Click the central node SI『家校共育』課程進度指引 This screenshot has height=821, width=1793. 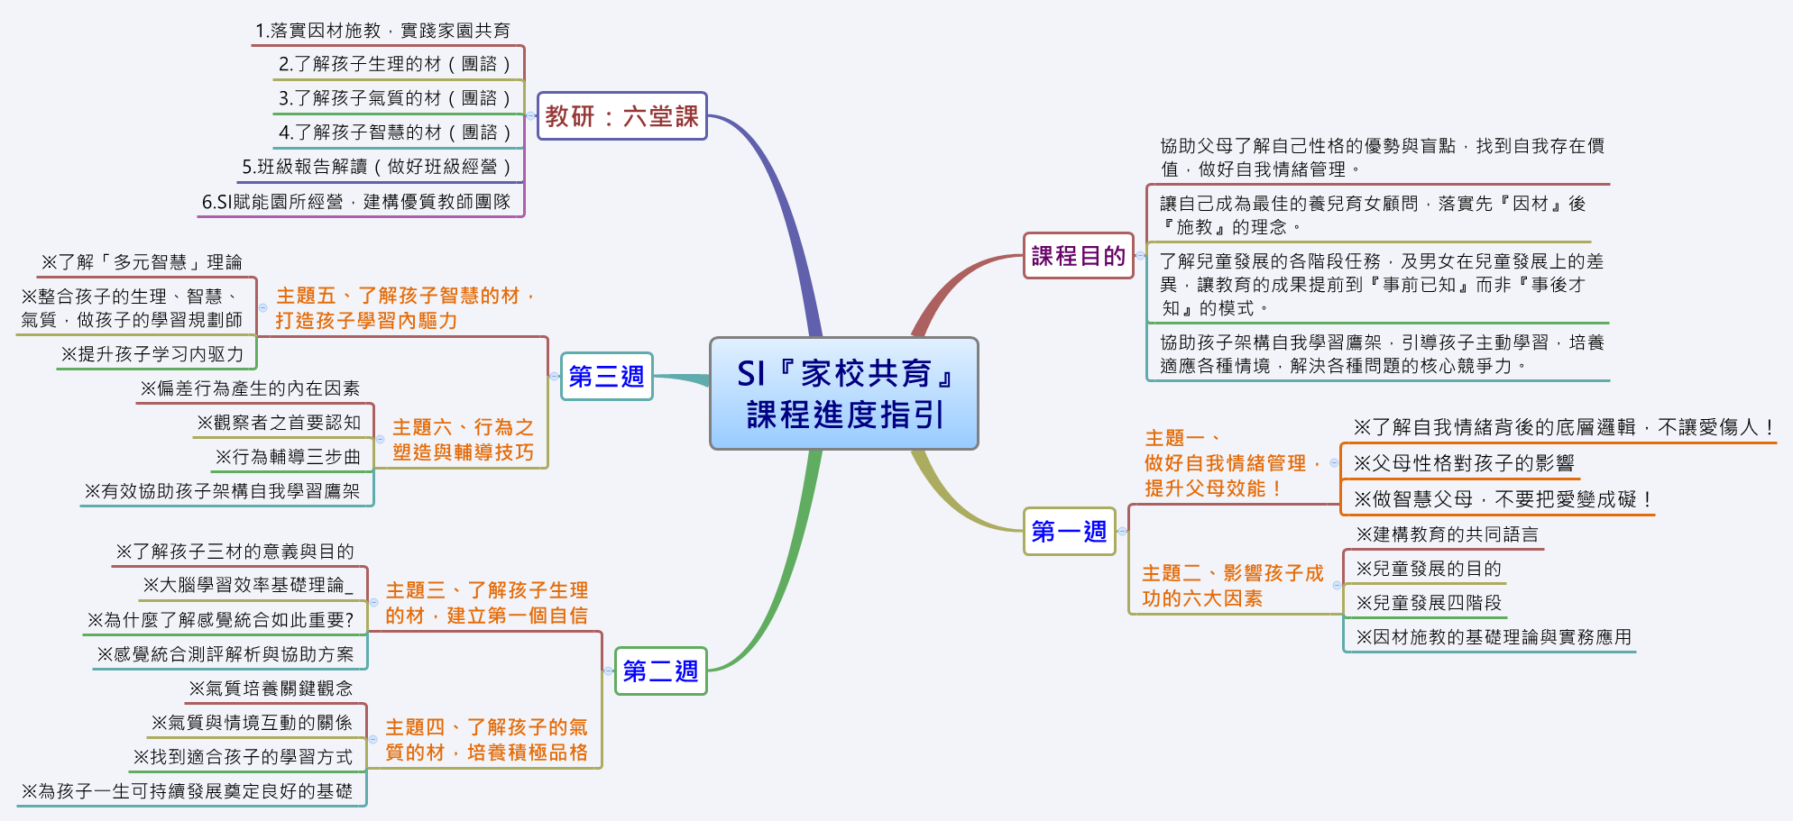(x=843, y=394)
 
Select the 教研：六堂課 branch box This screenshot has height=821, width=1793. (x=621, y=116)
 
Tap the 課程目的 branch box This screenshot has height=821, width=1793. (x=1078, y=256)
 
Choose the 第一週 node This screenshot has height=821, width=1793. (x=1069, y=532)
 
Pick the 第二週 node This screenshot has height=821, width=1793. (x=660, y=671)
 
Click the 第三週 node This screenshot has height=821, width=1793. (x=606, y=376)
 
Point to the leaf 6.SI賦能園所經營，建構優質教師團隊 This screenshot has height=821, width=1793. (x=356, y=202)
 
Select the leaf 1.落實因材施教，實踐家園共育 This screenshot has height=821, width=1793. (x=382, y=31)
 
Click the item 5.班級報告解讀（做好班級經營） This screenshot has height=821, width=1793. (x=377, y=167)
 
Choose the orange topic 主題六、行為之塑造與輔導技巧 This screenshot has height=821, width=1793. (x=463, y=440)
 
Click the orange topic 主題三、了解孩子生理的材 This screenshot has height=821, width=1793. (x=486, y=603)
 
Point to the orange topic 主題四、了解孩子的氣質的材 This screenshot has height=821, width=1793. (x=486, y=740)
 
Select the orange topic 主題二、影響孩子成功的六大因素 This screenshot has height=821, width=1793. (x=1232, y=586)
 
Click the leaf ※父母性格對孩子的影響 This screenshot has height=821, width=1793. (x=1463, y=463)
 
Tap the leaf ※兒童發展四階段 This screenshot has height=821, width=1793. (x=1429, y=603)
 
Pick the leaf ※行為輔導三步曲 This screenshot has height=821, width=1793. (x=288, y=457)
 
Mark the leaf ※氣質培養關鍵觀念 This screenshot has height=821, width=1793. (x=271, y=689)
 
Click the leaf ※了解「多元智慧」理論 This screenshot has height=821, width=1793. (x=142, y=262)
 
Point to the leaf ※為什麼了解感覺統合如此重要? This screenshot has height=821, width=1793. (x=221, y=620)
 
